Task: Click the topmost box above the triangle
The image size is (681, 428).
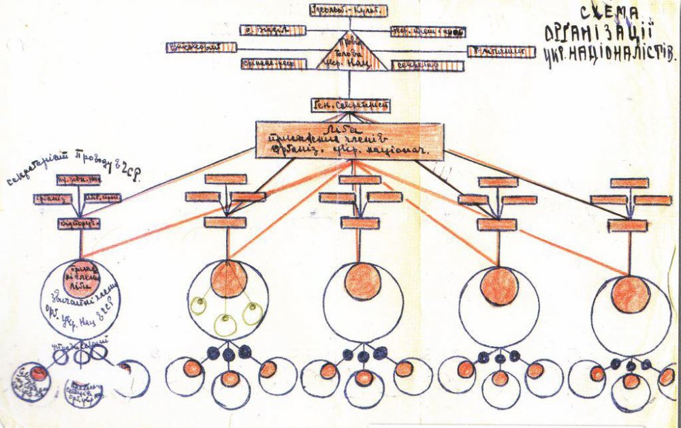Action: tap(348, 10)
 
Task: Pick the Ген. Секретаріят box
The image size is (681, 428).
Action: tap(350, 106)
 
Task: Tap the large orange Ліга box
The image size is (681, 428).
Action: tap(350, 140)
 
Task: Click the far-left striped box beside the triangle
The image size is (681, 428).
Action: tap(201, 48)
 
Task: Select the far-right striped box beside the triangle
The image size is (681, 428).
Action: tap(501, 51)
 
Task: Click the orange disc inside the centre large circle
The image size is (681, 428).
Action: tap(363, 281)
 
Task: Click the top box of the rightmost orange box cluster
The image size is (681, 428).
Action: tap(629, 183)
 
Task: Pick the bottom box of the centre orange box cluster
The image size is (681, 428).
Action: tap(360, 223)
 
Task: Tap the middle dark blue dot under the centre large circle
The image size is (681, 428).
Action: tap(364, 355)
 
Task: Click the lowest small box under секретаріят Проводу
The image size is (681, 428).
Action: tap(78, 223)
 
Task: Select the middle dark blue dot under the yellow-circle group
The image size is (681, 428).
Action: tap(229, 354)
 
